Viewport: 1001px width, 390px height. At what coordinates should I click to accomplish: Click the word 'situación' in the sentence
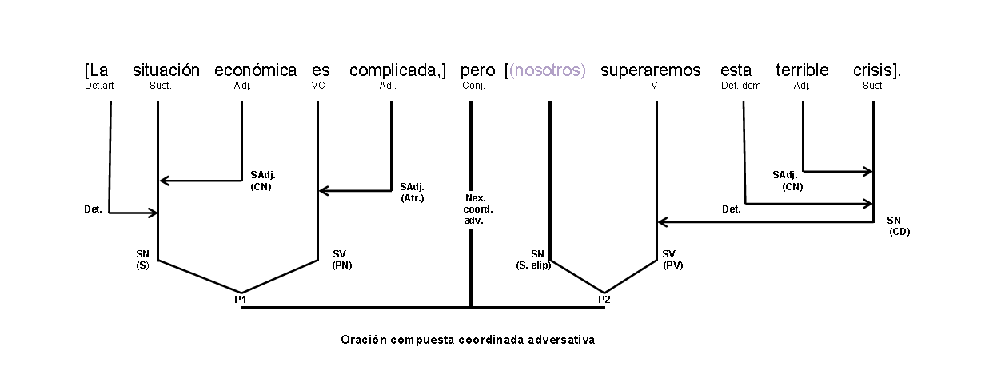point(166,70)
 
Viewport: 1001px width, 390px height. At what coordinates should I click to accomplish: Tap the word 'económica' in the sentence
point(255,70)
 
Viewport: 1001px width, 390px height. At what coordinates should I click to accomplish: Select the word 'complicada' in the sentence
point(396,70)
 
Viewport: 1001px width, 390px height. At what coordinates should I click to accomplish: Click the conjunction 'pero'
point(477,70)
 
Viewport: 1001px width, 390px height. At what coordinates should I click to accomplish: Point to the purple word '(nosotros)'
point(548,70)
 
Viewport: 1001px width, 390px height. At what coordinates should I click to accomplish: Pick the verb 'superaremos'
point(650,70)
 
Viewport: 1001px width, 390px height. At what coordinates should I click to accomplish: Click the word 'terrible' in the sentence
point(802,70)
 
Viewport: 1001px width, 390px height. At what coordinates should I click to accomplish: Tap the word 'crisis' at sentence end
point(875,70)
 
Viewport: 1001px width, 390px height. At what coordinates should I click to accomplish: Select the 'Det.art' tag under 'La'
point(99,86)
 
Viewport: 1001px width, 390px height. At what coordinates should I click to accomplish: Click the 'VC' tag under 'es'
point(317,86)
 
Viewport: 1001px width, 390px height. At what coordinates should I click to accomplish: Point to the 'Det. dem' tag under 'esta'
point(740,86)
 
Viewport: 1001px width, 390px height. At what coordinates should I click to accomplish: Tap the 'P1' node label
point(241,300)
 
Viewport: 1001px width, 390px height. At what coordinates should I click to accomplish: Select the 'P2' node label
point(604,300)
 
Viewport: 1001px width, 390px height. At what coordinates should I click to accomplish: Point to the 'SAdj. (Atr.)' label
point(413,192)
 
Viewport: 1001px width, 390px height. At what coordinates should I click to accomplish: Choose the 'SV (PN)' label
point(341,260)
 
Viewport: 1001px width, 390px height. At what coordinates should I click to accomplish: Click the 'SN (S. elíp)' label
point(534,260)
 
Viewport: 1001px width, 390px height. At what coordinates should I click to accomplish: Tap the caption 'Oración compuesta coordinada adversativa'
point(468,340)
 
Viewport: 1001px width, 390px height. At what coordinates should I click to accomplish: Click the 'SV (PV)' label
point(672,260)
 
